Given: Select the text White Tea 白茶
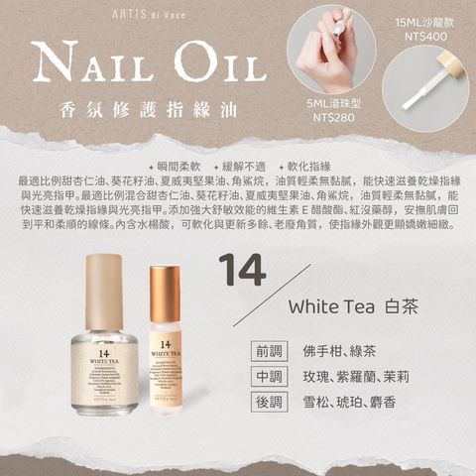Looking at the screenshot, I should tap(352, 306).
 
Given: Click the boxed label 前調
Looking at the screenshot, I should tap(269, 353).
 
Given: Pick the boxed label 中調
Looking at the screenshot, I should tap(269, 377).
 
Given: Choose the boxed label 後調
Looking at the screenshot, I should tap(269, 402).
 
